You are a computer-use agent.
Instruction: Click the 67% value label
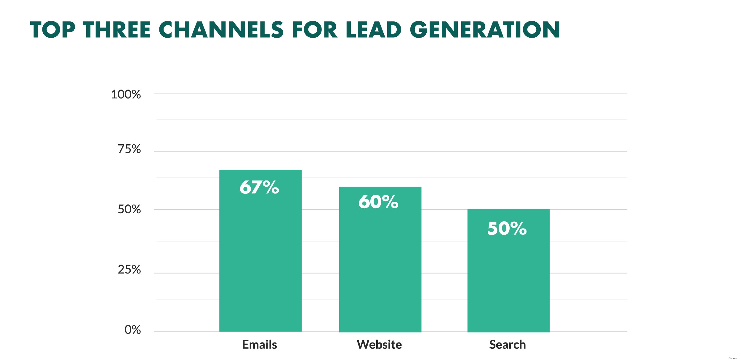point(259,187)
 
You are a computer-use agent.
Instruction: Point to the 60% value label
point(378,202)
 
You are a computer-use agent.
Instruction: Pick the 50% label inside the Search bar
point(507,228)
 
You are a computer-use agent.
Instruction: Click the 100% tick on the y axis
point(126,95)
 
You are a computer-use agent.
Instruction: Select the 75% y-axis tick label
point(129,149)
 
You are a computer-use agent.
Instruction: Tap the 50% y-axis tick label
point(129,209)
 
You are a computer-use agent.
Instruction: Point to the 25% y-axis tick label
point(129,270)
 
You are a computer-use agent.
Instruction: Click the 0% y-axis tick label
point(132,330)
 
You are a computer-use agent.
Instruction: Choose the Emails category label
point(260,345)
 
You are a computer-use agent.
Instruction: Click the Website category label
point(379,345)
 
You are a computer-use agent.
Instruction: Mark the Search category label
point(508,345)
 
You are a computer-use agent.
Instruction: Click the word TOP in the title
point(53,30)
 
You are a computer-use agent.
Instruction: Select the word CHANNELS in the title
point(221,30)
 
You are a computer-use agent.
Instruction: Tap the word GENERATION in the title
point(485,30)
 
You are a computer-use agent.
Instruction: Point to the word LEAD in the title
point(373,30)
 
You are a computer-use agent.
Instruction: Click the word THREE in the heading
point(117,30)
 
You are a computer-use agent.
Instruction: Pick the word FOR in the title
point(315,30)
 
